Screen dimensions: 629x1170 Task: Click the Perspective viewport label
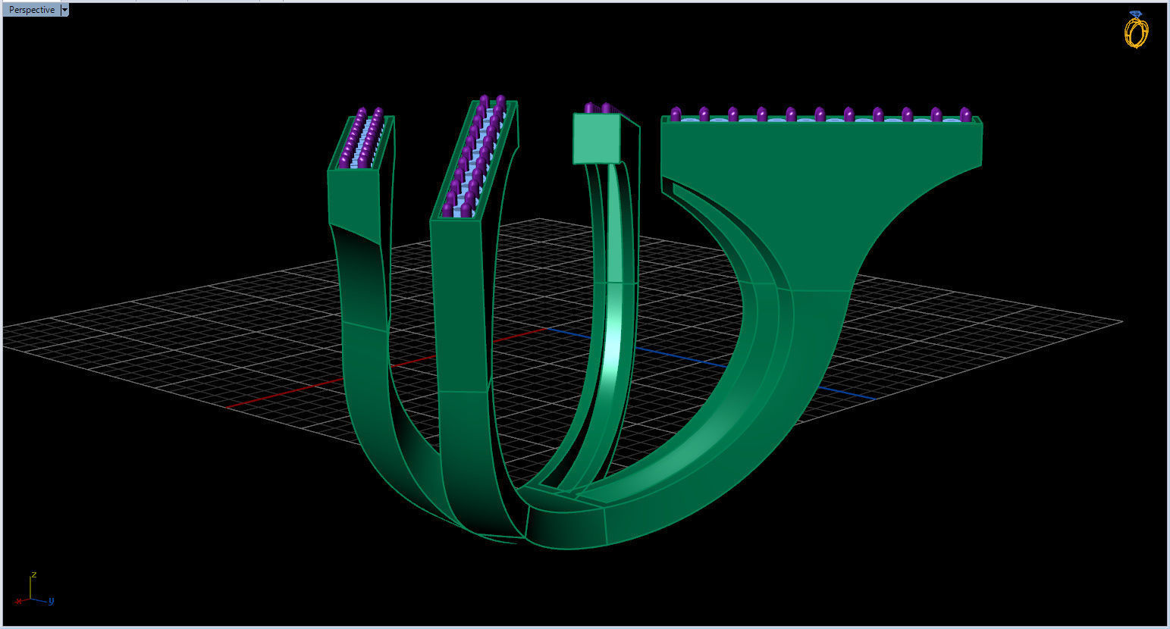[x=31, y=10]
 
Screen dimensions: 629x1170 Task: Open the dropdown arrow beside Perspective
[x=64, y=10]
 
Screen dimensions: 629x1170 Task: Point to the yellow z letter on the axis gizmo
[x=34, y=574]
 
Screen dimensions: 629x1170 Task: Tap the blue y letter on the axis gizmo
[x=51, y=601]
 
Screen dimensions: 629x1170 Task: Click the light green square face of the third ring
[x=597, y=138]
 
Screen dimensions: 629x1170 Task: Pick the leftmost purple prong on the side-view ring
[x=676, y=114]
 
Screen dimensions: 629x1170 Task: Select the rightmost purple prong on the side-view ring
[x=965, y=114]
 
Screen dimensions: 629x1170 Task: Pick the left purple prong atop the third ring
[x=590, y=108]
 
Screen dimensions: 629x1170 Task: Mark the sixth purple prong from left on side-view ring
[x=820, y=114]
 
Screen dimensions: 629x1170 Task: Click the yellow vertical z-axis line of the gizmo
[x=30, y=587]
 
